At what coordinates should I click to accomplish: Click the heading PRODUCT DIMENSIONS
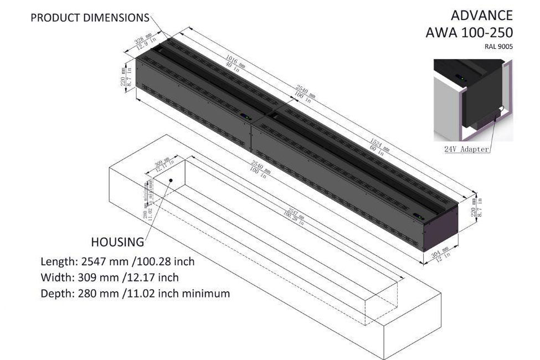pos(90,18)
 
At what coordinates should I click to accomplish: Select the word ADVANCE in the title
pos(482,14)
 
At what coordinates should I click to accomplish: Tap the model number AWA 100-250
pos(469,32)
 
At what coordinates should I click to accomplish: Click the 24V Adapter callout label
pos(467,149)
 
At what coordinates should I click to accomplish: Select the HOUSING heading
pos(117,242)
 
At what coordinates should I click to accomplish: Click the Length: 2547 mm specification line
pos(117,261)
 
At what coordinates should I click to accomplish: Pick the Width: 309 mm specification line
pos(109,277)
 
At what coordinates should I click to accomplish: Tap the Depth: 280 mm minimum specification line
pos(135,294)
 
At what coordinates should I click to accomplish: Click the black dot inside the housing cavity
pos(172,181)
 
